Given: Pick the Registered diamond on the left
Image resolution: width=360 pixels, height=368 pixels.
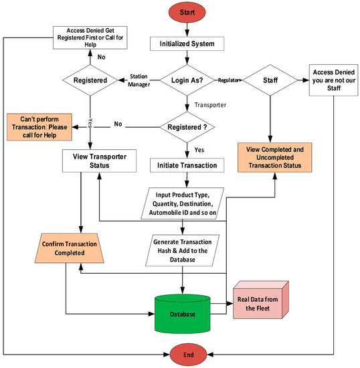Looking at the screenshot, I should pos(89,82).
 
